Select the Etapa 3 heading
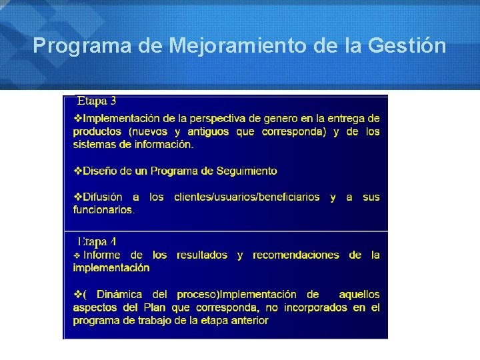point(97,101)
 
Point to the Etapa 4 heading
point(97,241)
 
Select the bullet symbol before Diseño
point(77,171)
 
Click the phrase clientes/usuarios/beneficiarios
point(247,197)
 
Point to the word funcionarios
point(103,209)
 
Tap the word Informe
point(102,255)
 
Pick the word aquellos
point(359,294)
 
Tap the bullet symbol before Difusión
point(77,197)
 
